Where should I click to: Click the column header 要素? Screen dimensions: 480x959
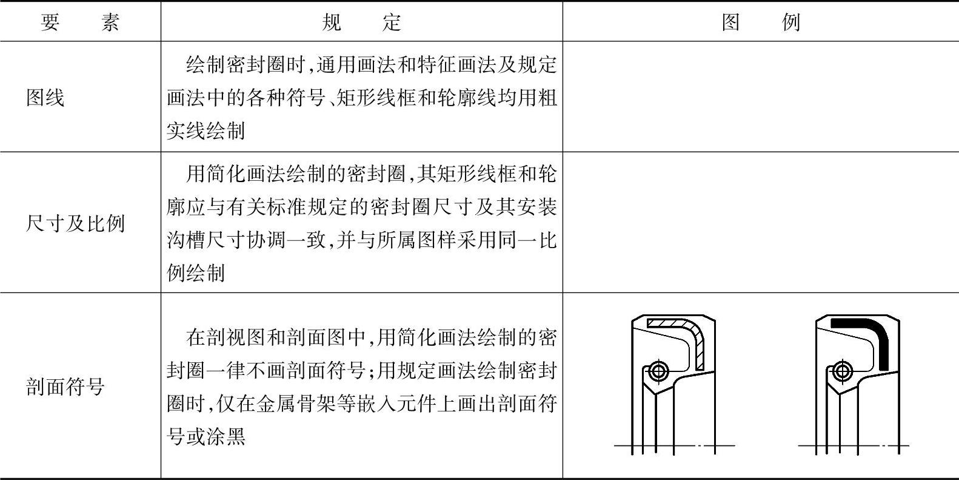80,23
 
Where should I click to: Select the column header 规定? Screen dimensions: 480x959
361,23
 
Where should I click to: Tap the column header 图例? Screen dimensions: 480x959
761,23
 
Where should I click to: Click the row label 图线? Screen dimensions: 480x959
45,97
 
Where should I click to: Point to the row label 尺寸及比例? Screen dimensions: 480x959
75,223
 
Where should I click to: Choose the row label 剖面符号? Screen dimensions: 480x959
65,387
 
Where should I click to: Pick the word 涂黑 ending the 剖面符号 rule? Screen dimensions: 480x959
226,436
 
